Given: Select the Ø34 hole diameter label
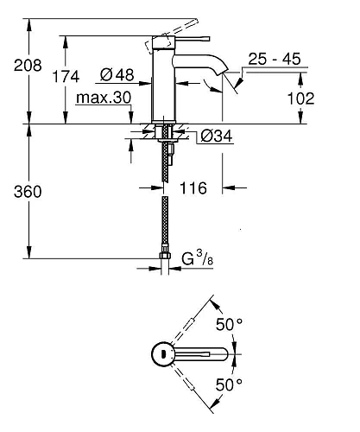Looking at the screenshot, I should (215, 136).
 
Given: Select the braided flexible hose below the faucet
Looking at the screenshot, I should (167, 216).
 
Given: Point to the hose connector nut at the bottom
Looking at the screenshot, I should (167, 256).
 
